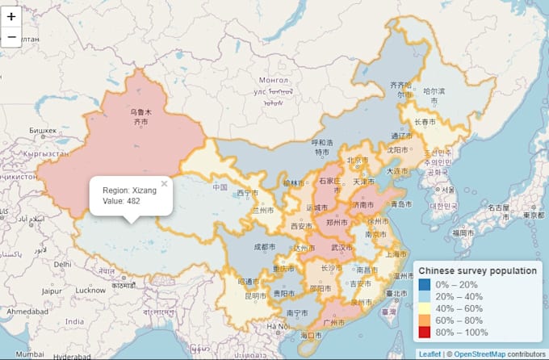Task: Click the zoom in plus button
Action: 11,16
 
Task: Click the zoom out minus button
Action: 11,37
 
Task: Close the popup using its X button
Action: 164,183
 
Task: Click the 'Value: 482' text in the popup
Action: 121,201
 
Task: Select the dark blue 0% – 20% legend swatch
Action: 425,284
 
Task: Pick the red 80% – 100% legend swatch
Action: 425,333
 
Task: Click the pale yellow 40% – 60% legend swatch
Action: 425,308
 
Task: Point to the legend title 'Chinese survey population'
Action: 477,270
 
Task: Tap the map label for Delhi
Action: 62,264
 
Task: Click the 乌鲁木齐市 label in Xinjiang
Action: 140,118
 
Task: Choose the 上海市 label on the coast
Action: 397,253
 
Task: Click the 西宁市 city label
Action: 248,194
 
